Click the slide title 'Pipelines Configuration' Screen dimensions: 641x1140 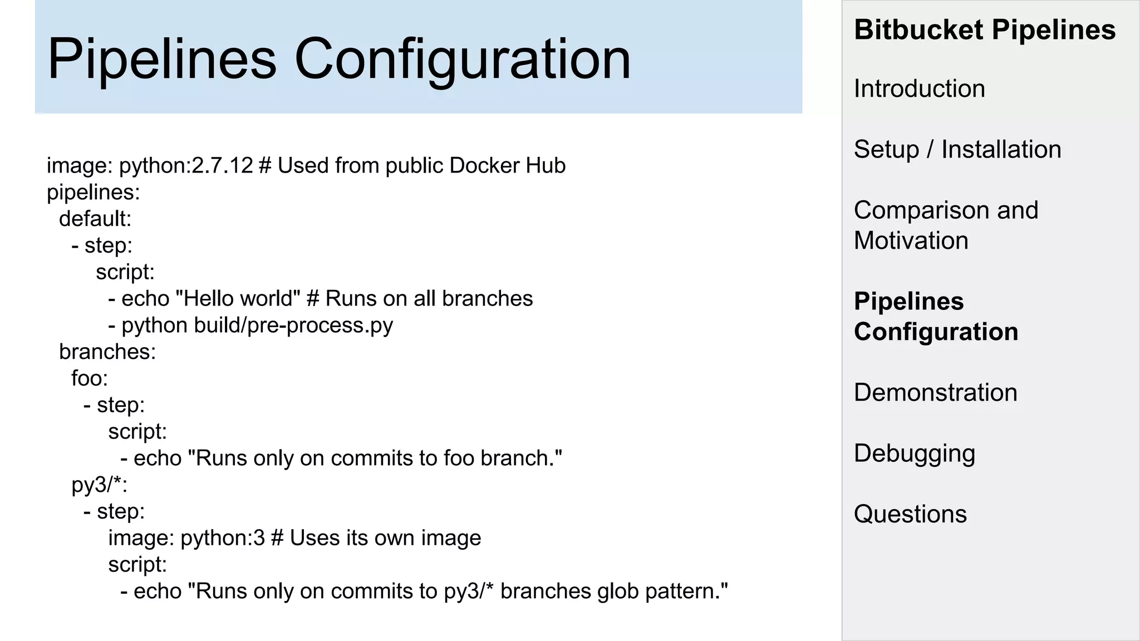339,58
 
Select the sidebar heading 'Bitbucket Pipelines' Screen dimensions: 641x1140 984,29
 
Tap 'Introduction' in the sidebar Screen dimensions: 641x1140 919,88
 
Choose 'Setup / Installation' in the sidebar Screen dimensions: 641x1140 957,149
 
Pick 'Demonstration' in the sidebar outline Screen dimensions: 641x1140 935,392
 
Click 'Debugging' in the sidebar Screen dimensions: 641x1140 914,453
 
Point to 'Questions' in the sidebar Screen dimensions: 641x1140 910,514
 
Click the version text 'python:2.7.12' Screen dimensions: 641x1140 186,165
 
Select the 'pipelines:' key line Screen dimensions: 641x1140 93,192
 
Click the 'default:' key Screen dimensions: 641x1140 95,219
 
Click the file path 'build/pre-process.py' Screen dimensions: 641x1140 293,325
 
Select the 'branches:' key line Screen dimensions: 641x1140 107,352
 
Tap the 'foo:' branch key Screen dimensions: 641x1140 89,378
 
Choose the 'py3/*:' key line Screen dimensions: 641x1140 99,485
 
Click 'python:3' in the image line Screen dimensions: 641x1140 223,538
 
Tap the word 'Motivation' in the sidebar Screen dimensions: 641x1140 911,240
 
